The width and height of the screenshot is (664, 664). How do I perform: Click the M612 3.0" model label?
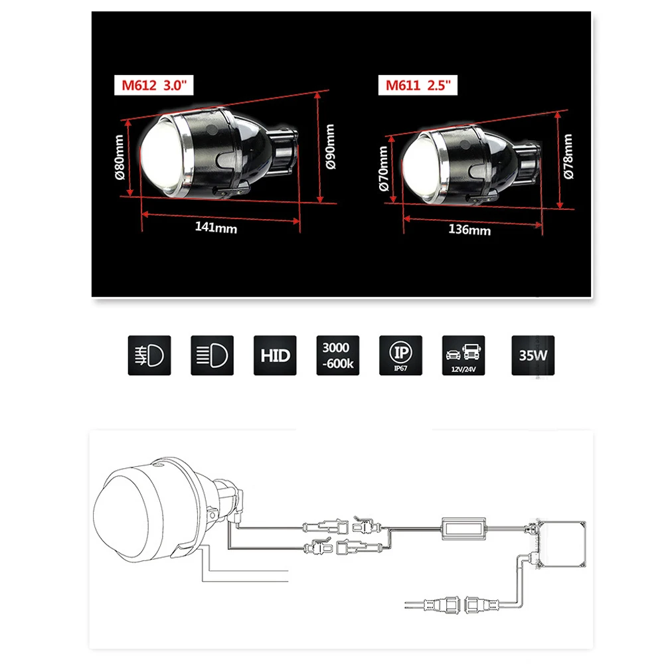click(154, 85)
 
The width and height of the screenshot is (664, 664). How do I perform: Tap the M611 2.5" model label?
click(418, 85)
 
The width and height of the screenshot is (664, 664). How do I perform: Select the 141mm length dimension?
click(216, 227)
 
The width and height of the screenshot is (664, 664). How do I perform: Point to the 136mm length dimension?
click(469, 230)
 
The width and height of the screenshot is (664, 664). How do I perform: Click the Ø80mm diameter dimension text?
click(120, 157)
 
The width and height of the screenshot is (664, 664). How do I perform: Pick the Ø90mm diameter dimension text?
click(331, 147)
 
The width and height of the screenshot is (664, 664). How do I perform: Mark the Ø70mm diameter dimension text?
click(383, 169)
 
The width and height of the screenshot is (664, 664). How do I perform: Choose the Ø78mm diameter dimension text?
click(568, 156)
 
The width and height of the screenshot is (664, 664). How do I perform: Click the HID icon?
click(275, 355)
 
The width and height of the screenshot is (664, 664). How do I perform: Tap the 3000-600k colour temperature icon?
click(337, 355)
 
